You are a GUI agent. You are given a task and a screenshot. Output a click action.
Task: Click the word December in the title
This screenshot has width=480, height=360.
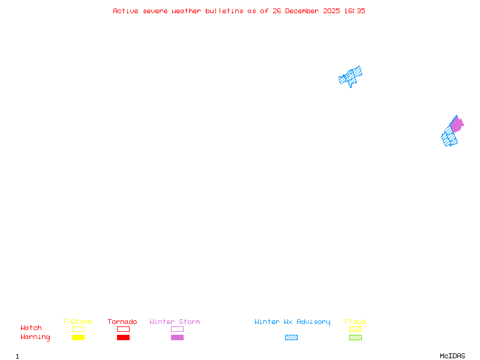click(x=302, y=11)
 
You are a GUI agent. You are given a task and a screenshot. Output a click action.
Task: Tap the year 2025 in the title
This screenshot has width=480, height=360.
click(x=331, y=11)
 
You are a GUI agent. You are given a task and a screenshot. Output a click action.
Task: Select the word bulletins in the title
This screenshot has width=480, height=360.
click(x=224, y=11)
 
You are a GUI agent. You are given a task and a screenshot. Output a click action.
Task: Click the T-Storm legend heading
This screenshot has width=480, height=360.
click(x=77, y=322)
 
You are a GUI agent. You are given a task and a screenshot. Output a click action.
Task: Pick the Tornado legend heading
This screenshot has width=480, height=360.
click(x=122, y=322)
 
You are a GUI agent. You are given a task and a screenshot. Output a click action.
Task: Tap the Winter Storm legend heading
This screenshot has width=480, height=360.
click(x=175, y=322)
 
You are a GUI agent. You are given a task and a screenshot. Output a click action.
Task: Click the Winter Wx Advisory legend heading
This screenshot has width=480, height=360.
click(x=292, y=322)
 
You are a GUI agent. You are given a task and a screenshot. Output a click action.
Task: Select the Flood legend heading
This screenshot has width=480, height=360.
click(x=355, y=322)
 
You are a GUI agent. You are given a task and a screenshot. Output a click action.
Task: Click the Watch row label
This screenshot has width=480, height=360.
click(x=31, y=328)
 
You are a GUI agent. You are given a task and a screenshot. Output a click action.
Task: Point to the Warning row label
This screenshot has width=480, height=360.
click(x=35, y=337)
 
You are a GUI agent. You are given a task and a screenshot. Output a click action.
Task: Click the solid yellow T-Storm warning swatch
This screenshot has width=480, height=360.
click(x=79, y=337)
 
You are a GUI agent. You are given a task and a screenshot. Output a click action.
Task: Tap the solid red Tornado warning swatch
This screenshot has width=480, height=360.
click(x=124, y=337)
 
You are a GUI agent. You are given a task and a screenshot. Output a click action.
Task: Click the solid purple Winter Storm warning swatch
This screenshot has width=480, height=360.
click(x=177, y=337)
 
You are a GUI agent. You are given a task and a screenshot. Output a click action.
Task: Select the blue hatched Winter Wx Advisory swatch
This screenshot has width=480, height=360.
click(x=291, y=337)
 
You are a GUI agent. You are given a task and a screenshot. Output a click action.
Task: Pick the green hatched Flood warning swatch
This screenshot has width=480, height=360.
click(x=355, y=337)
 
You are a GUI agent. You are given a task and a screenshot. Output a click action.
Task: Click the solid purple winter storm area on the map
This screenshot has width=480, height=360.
click(x=457, y=125)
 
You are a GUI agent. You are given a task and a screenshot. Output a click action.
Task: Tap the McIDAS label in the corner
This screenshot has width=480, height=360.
click(x=452, y=356)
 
